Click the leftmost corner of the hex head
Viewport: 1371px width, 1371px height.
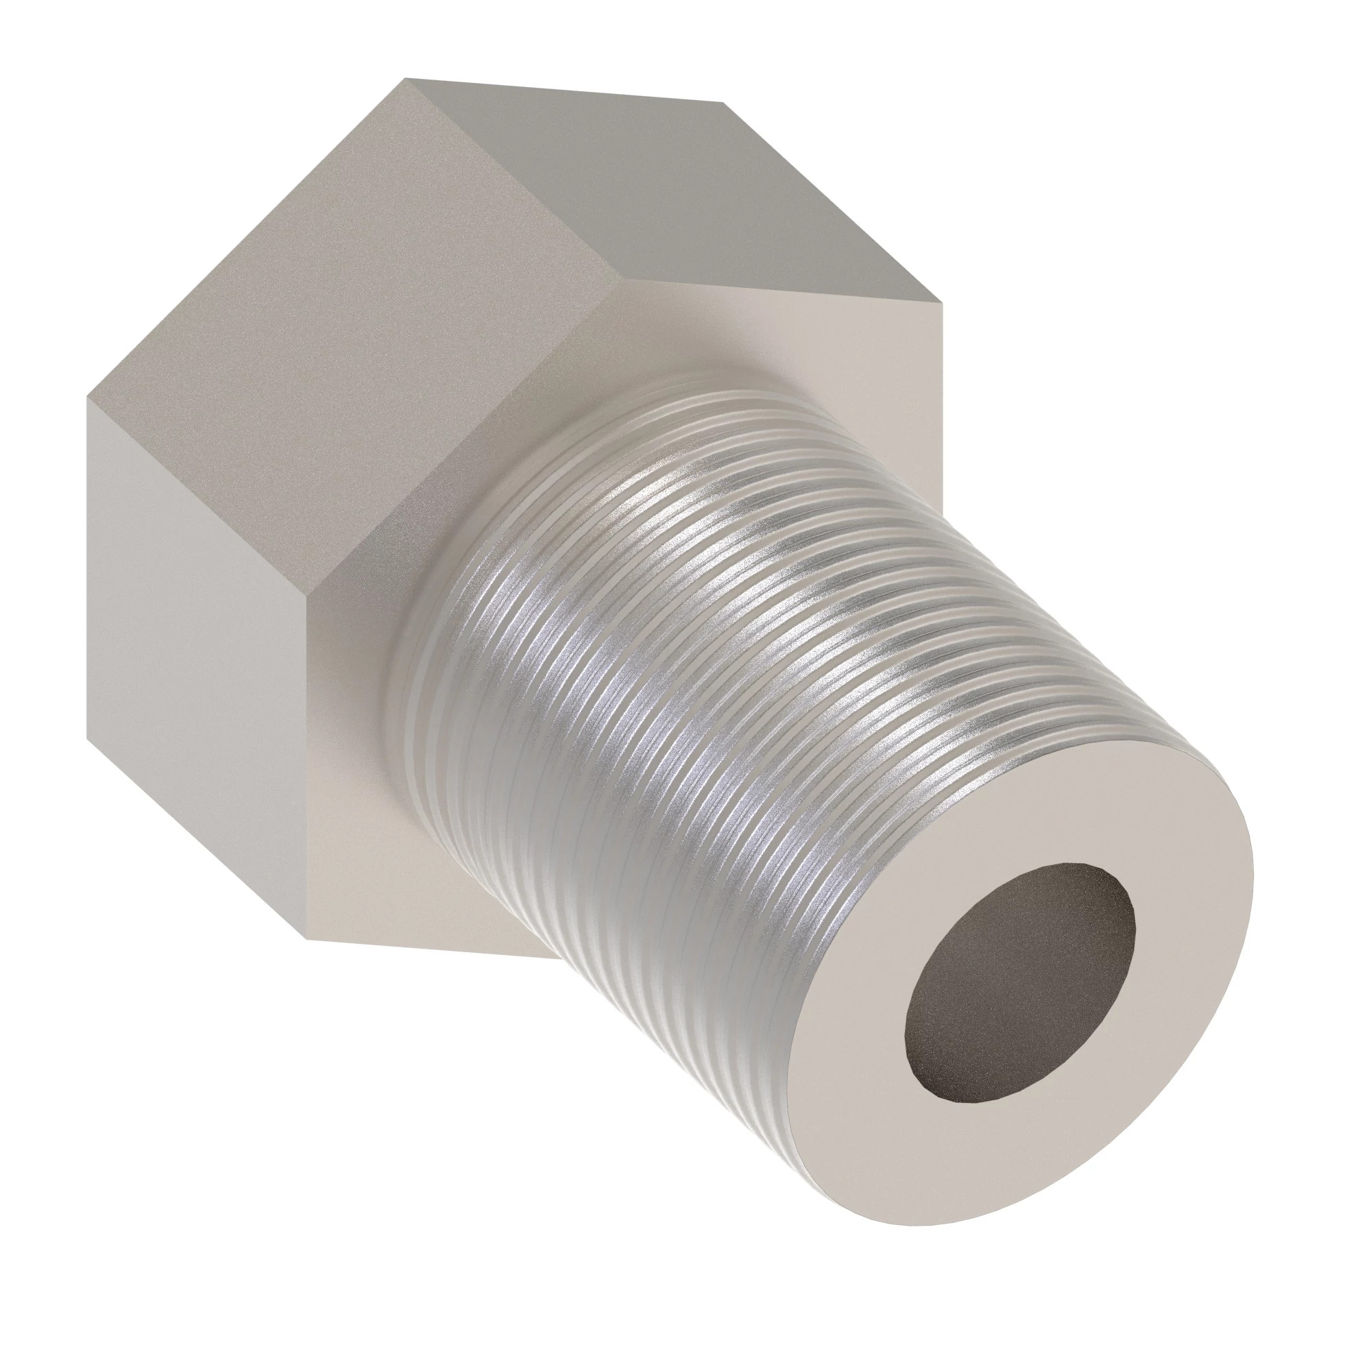(x=88, y=398)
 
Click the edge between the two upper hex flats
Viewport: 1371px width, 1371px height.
(x=511, y=178)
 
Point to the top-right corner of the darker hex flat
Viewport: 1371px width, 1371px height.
(x=723, y=103)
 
